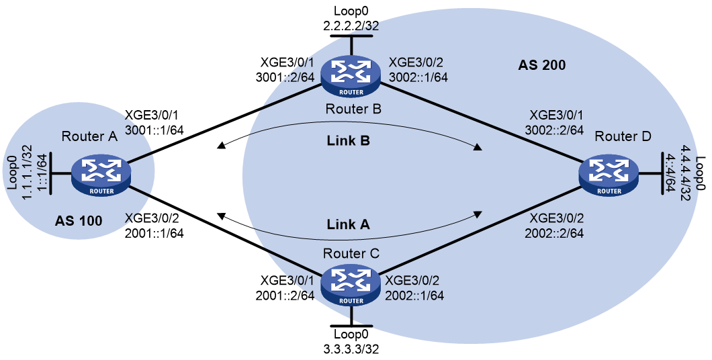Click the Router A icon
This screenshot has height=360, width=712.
101,177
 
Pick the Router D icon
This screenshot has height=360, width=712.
609,177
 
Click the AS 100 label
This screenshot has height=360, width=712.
79,221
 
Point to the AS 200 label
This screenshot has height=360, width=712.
541,65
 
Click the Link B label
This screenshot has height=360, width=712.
349,141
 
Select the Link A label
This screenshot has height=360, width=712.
349,224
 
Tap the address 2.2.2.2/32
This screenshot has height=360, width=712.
351,26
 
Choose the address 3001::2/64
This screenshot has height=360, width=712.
285,77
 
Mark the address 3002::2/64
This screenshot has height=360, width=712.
553,130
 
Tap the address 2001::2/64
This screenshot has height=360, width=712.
285,295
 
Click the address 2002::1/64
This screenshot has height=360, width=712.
414,295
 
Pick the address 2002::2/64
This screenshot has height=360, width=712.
554,233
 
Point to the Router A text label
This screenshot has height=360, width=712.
89,136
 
